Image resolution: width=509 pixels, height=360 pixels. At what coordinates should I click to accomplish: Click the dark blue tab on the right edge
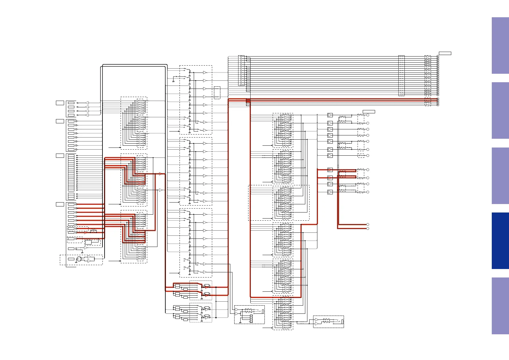point(500,241)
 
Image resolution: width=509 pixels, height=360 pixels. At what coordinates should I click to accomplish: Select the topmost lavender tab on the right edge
point(500,45)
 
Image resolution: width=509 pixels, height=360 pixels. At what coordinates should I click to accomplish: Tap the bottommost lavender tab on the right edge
point(500,306)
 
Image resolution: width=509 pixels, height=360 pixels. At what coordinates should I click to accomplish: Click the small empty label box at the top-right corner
point(445,54)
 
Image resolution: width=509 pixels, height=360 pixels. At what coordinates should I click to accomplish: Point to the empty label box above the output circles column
point(369,112)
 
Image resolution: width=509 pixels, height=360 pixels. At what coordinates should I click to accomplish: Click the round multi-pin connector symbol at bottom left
point(79,259)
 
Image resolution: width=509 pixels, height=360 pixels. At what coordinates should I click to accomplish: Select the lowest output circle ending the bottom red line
point(368,229)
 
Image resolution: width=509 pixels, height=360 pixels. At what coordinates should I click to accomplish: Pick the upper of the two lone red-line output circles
point(368,225)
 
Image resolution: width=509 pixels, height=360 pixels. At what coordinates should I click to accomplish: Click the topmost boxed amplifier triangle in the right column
point(330,115)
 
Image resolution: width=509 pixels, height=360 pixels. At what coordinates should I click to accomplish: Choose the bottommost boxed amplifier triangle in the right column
point(330,192)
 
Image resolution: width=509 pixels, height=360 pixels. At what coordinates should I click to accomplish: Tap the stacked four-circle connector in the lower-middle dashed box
point(251,319)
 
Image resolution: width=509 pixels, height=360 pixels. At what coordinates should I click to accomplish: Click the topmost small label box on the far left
point(60,103)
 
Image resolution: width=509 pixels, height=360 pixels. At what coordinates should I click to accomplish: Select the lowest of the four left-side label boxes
point(60,204)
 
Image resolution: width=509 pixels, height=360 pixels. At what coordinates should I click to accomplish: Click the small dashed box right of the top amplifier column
point(217,92)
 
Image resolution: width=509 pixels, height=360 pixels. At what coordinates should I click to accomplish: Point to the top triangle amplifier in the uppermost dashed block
point(205,73)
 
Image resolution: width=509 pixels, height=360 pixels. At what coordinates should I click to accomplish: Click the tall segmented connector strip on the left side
point(71,173)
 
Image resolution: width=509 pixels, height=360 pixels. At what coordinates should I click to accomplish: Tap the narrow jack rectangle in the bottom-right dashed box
point(342,321)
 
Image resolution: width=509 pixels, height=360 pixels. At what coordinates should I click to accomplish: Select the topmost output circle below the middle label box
point(368,115)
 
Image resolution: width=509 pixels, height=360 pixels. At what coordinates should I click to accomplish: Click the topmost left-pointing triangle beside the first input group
point(87,103)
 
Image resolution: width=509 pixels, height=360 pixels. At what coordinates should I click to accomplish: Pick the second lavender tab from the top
point(500,110)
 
